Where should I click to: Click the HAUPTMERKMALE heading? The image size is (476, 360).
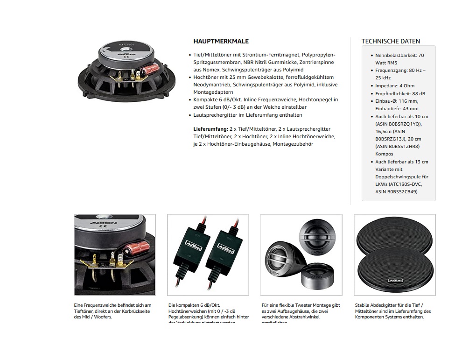tap(221, 41)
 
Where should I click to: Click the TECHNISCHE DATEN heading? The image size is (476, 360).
tap(391, 41)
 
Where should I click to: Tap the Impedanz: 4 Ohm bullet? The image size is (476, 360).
tap(395, 86)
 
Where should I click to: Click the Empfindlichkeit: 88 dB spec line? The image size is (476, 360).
tap(400, 93)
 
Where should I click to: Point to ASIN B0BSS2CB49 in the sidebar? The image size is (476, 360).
tap(396, 192)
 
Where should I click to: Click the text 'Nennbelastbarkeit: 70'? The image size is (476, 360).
tap(399, 56)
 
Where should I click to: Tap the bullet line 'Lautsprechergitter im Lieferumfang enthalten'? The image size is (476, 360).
tap(248, 115)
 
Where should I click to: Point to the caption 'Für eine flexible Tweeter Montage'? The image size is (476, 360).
tap(301, 305)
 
